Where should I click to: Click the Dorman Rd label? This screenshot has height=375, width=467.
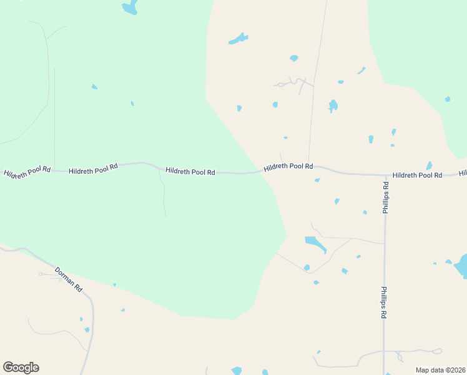click(x=69, y=279)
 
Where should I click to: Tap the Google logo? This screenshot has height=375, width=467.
click(x=21, y=367)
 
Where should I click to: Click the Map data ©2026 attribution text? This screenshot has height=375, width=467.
click(x=440, y=369)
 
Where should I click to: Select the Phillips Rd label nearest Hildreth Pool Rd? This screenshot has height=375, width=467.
click(x=386, y=198)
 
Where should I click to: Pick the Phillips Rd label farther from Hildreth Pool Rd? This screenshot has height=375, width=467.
click(x=384, y=303)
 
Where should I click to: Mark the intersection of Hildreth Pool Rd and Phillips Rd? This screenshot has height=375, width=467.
click(x=384, y=175)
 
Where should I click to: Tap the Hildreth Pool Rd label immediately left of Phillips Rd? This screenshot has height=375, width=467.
click(x=417, y=176)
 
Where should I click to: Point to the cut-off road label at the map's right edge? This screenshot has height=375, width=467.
click(x=463, y=174)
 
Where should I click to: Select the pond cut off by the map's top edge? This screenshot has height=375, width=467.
click(x=130, y=8)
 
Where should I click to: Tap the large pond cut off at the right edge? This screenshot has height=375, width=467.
click(x=461, y=266)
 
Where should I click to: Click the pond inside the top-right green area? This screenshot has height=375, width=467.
click(x=448, y=99)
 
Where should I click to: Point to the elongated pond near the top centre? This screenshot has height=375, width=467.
click(x=238, y=39)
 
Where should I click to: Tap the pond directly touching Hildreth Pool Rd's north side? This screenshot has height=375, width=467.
click(x=429, y=166)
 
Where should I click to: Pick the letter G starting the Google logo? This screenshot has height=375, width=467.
click(x=8, y=367)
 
